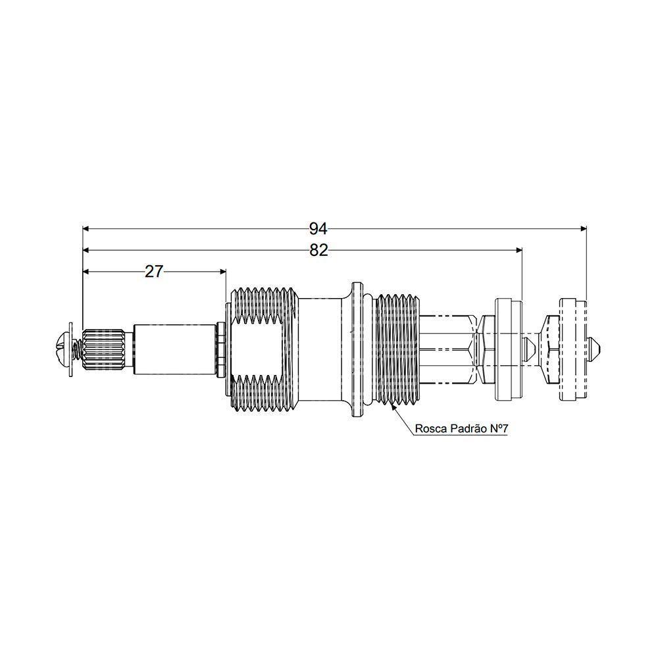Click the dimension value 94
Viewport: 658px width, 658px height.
318,229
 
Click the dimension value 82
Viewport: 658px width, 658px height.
318,251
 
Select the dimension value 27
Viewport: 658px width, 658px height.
153,272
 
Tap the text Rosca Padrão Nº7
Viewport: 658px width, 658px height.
462,428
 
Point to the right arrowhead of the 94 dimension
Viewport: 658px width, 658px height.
583,229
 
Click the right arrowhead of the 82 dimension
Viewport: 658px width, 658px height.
519,250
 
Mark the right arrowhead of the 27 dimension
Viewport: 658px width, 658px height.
223,272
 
